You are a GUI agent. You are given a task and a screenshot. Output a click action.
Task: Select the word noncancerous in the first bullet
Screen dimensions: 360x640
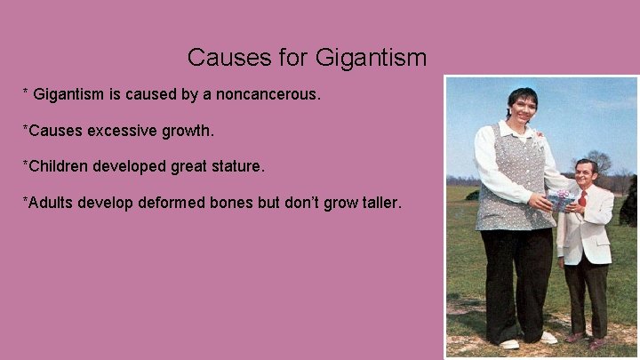coord(268,93)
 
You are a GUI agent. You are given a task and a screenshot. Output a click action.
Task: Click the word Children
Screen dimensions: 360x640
coord(59,166)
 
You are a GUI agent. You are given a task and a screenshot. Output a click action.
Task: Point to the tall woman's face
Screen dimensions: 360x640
coord(524,109)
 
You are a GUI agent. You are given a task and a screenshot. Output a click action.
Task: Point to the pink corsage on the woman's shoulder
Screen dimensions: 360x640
coord(540,136)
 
